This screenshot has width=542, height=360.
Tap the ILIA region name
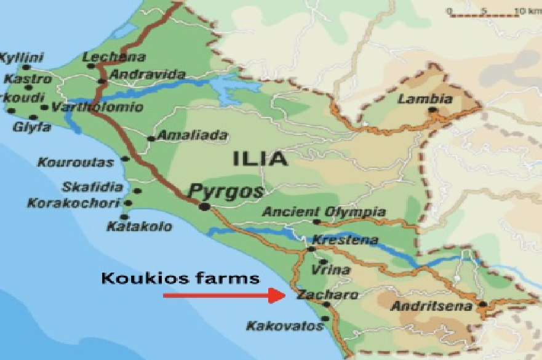[260, 159]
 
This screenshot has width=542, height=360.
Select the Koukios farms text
[180, 278]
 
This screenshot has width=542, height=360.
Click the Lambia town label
[425, 99]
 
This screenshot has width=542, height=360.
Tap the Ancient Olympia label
[324, 212]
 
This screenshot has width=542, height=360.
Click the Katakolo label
[139, 226]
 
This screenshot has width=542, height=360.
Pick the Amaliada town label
[193, 135]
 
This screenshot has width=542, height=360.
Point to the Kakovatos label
[285, 325]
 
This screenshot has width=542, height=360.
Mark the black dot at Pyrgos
[204, 206]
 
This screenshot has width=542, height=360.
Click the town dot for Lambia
[432, 110]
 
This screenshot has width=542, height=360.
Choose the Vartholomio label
[98, 107]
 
